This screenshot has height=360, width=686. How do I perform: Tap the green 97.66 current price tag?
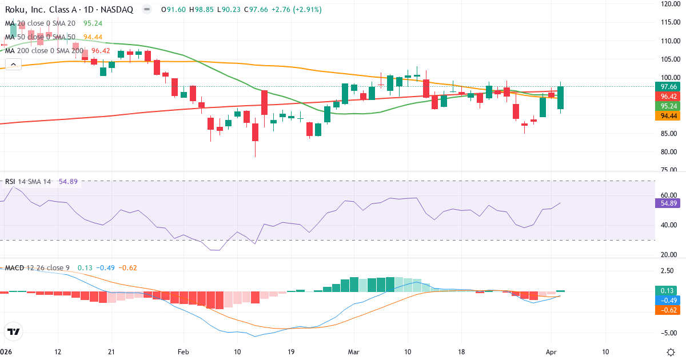coord(669,86)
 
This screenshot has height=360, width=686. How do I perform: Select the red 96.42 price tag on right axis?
coord(669,96)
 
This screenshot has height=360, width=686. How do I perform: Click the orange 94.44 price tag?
coord(669,115)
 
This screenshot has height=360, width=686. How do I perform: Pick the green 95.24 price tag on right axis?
coord(669,106)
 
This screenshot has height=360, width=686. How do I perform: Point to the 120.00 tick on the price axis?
coord(669,3)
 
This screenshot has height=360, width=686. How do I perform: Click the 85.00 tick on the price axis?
coord(669,134)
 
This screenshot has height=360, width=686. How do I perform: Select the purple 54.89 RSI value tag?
coord(669,203)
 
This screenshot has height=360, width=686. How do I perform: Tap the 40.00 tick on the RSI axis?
coord(669,225)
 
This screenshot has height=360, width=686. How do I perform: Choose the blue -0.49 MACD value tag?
coord(669,300)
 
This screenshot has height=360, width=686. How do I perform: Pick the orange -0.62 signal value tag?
coord(669,309)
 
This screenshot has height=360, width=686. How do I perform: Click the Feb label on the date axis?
coord(183,351)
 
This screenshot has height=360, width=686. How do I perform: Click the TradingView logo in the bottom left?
coord(14,331)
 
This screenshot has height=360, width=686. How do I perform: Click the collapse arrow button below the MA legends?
coord(13,65)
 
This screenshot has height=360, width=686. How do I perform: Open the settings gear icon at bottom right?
coord(672,351)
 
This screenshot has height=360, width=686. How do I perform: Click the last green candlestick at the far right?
coord(561,98)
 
